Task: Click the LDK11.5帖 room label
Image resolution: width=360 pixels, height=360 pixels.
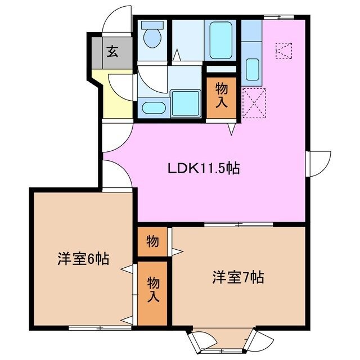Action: [x=204, y=168]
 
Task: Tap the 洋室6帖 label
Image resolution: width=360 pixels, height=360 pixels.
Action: [x=83, y=259]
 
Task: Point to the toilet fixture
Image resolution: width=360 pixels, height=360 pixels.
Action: [x=151, y=37]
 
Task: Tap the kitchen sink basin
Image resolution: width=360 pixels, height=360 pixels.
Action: [x=253, y=70]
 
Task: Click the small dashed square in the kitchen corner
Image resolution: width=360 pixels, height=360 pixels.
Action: [x=284, y=52]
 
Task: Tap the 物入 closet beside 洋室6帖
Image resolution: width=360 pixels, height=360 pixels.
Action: [x=152, y=290]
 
